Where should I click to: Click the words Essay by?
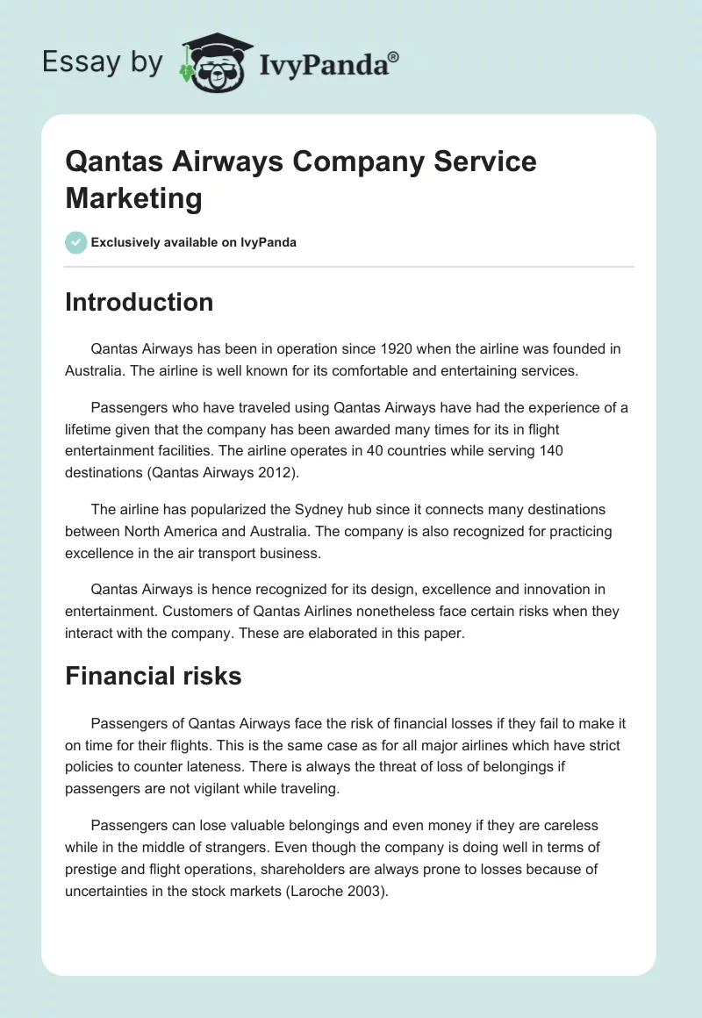pyautogui.click(x=104, y=61)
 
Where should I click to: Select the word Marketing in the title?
pyautogui.click(x=133, y=197)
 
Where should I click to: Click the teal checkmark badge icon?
pyautogui.click(x=76, y=242)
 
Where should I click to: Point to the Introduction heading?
pyautogui.click(x=139, y=303)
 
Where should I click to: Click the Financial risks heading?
pyautogui.click(x=153, y=676)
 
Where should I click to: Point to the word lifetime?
pyautogui.click(x=90, y=429)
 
